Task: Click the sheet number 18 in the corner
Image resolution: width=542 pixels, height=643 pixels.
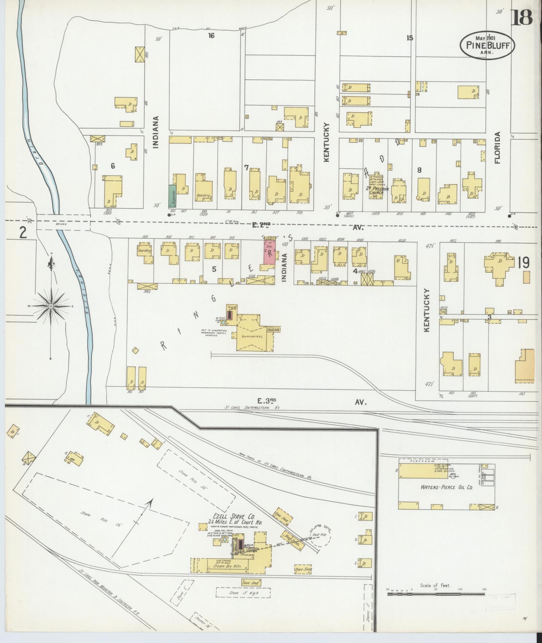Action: point(522,18)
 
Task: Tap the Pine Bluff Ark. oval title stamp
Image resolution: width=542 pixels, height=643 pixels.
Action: point(488,46)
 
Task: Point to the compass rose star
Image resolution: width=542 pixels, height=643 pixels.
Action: point(51,306)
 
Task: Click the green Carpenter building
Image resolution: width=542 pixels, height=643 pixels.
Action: point(172,196)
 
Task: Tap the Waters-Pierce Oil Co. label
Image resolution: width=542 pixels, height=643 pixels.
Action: point(447,487)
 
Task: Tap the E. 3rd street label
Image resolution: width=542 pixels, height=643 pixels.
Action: point(267,401)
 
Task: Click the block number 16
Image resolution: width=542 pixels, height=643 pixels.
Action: point(211,35)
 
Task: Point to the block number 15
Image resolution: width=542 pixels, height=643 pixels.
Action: point(409,38)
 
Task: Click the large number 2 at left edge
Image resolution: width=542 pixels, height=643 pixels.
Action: point(23,232)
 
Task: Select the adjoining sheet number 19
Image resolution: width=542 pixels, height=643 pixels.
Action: point(524,263)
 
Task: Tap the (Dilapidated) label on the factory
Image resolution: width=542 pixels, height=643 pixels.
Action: point(252,336)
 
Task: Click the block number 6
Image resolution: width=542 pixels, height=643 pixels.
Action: point(113,166)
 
